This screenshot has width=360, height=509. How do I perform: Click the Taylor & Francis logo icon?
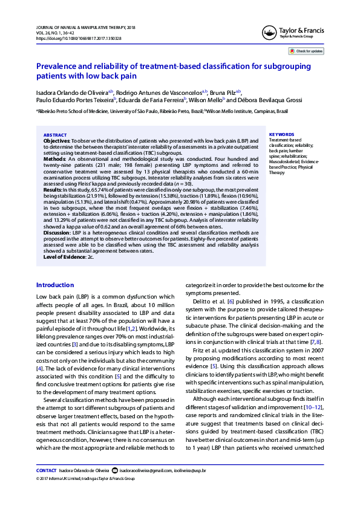click(x=269, y=33)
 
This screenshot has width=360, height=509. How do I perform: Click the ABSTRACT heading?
click(x=55, y=135)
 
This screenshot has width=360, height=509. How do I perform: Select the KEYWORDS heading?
click(x=281, y=135)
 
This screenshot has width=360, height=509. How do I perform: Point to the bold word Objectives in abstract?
click(x=57, y=140)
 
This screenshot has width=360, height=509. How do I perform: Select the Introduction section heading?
click(x=55, y=285)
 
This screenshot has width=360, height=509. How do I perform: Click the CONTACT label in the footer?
click(x=47, y=470)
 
